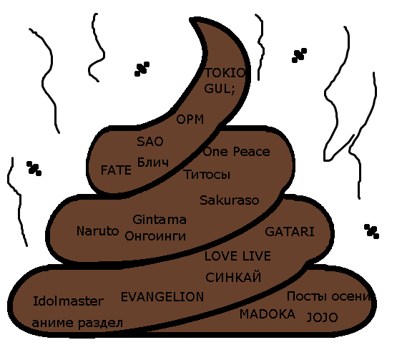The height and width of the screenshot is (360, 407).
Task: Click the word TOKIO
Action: click(x=225, y=73)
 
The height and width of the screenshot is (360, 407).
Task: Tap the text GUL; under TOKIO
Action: click(x=220, y=89)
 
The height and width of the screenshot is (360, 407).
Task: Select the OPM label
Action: click(x=190, y=120)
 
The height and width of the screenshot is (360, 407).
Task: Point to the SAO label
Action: click(x=150, y=142)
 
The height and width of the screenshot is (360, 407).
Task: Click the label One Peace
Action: click(x=236, y=152)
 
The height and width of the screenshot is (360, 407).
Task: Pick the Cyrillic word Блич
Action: click(x=153, y=162)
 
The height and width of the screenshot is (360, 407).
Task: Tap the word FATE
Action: click(x=116, y=170)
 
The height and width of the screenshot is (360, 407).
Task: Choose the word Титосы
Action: click(x=207, y=175)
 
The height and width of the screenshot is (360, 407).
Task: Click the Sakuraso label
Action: click(x=230, y=200)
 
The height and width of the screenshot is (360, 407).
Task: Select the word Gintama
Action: click(x=160, y=220)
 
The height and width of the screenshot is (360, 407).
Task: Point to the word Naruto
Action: click(x=97, y=231)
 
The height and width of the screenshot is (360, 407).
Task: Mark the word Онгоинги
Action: click(x=155, y=236)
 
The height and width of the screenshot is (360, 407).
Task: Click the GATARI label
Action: click(x=290, y=232)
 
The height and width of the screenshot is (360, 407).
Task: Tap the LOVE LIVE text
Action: click(x=237, y=256)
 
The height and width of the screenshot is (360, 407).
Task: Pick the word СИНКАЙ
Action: click(x=233, y=277)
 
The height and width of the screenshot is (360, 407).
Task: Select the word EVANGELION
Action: click(x=162, y=297)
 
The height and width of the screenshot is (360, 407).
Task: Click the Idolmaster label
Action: click(x=68, y=301)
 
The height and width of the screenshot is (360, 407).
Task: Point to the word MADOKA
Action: click(x=268, y=314)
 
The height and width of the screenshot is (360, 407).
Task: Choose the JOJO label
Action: click(x=322, y=317)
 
